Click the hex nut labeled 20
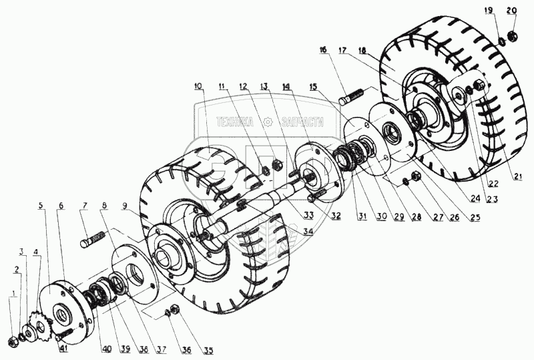(511, 34)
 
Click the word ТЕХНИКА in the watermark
(233, 122)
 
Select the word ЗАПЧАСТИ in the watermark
(303, 122)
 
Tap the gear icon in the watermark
(268, 122)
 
